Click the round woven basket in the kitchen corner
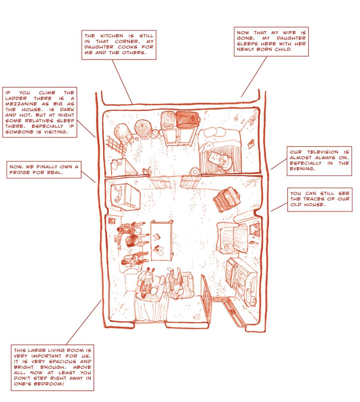[143, 127]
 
